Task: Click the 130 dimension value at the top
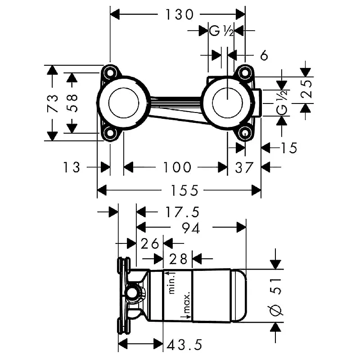click(179, 15)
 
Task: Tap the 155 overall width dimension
click(184, 190)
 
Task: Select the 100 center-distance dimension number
click(177, 167)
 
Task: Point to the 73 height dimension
click(53, 103)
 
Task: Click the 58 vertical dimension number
click(72, 103)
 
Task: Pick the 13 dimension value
click(72, 167)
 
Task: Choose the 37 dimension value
click(244, 167)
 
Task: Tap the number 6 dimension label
click(264, 55)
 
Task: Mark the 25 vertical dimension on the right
click(307, 89)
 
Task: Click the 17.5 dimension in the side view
click(183, 212)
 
